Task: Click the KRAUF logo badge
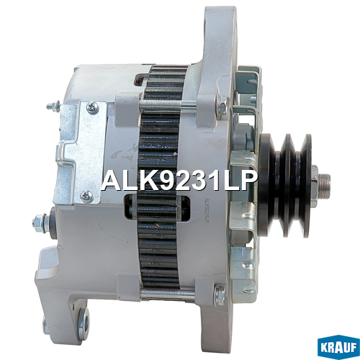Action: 338,348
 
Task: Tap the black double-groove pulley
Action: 286,185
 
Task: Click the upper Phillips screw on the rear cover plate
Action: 92,107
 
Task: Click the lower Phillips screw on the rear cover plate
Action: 86,196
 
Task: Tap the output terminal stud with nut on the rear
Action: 41,223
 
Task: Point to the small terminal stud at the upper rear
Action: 53,105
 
